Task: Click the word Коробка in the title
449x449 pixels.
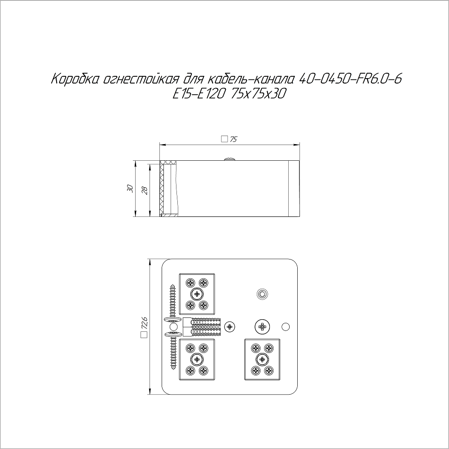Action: click(x=75, y=79)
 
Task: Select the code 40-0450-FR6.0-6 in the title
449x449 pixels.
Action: click(x=350, y=79)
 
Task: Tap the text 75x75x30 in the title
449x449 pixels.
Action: click(x=258, y=94)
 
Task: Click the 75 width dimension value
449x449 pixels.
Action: click(x=233, y=140)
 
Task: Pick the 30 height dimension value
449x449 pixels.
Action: click(x=130, y=189)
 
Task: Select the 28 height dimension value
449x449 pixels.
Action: click(x=145, y=190)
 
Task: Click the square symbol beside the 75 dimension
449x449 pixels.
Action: click(x=224, y=139)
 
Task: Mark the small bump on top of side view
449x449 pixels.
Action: click(x=229, y=158)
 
